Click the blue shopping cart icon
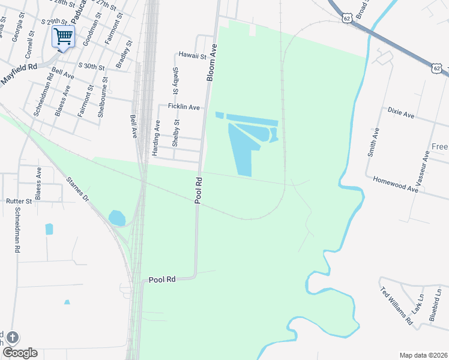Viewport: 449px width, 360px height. pyautogui.click(x=63, y=36)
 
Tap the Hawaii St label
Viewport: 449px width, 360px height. pyautogui.click(x=192, y=55)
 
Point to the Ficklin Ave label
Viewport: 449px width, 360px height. pyautogui.click(x=184, y=106)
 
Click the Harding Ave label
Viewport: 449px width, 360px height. pyautogui.click(x=156, y=138)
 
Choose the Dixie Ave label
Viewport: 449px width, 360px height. pyautogui.click(x=401, y=112)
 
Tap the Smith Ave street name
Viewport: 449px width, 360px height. pyautogui.click(x=374, y=142)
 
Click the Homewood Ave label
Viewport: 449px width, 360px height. pyautogui.click(x=394, y=184)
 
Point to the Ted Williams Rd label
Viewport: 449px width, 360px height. pyautogui.click(x=397, y=307)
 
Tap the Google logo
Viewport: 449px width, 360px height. pyautogui.click(x=20, y=353)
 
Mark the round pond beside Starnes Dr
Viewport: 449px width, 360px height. pyautogui.click(x=117, y=218)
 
